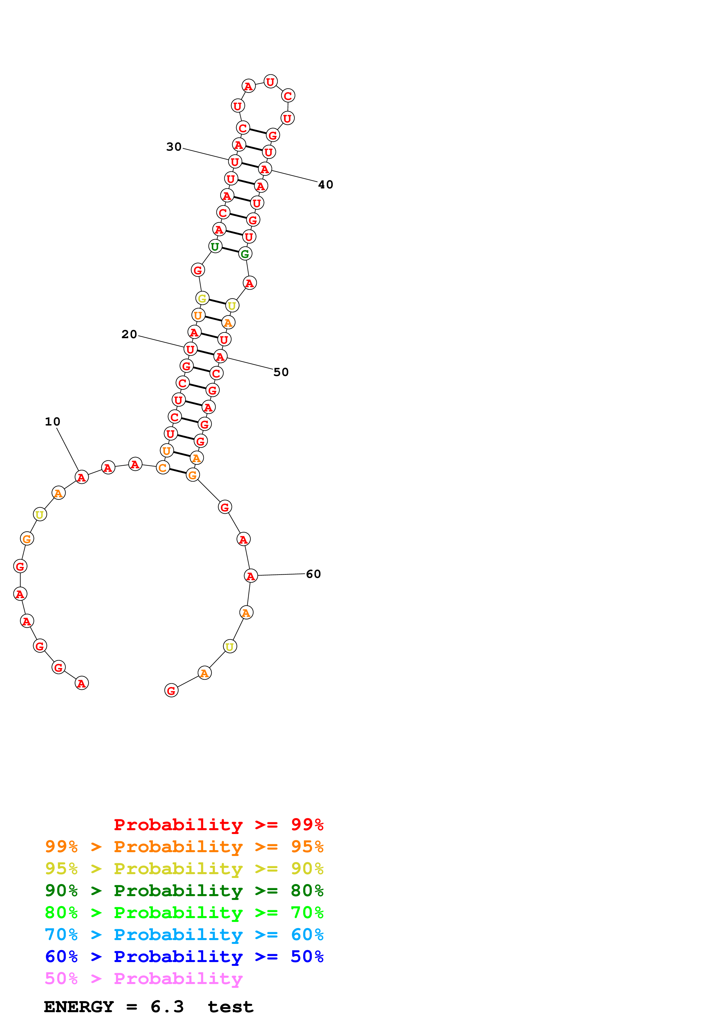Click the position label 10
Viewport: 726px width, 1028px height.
point(52,421)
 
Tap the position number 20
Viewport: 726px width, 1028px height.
point(129,334)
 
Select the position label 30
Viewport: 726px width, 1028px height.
point(174,147)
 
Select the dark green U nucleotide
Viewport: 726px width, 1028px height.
point(215,246)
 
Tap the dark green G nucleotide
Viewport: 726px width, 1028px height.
point(245,254)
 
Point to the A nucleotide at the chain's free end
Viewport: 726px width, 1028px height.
point(81,683)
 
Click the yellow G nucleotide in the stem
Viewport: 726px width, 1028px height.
point(202,298)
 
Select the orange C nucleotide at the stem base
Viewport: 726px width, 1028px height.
point(163,468)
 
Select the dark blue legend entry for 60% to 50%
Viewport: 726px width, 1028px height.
point(184,956)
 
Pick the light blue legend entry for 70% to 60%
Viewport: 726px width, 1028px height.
point(184,935)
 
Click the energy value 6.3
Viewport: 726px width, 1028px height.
point(167,1007)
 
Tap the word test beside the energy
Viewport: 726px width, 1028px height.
point(230,1007)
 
